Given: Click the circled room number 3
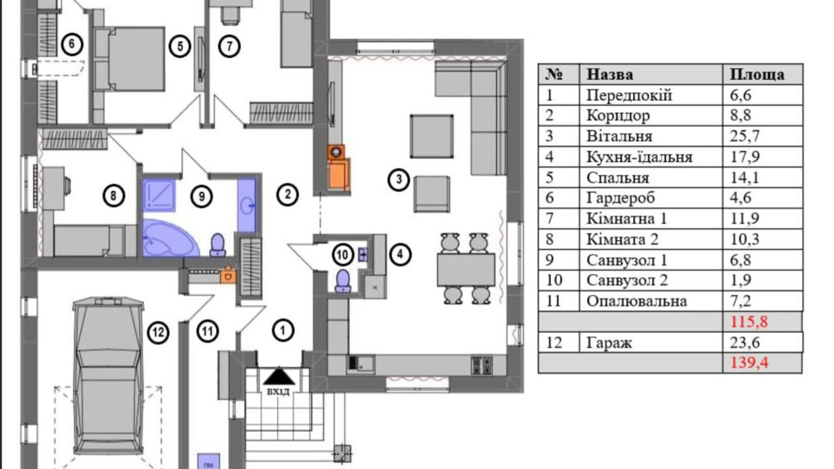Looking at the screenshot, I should pyautogui.click(x=399, y=179).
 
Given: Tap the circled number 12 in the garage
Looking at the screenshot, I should pyautogui.click(x=158, y=333).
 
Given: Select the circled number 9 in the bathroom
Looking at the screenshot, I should pyautogui.click(x=202, y=196).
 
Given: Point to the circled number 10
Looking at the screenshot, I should pyautogui.click(x=342, y=255).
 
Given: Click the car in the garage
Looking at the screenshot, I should pyautogui.click(x=108, y=377).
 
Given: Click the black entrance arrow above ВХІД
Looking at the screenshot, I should pyautogui.click(x=279, y=377).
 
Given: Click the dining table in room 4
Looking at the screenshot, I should pyautogui.click(x=466, y=270).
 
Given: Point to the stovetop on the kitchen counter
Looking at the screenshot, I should pyautogui.click(x=481, y=366).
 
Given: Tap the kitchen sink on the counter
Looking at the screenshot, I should pyautogui.click(x=361, y=363).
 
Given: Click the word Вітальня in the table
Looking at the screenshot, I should pyautogui.click(x=619, y=136).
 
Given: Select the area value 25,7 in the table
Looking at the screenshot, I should pyautogui.click(x=745, y=136).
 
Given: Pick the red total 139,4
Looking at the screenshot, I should pyautogui.click(x=749, y=363).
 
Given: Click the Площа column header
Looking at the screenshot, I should pyautogui.click(x=757, y=74).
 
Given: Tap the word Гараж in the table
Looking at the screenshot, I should pyautogui.click(x=609, y=343).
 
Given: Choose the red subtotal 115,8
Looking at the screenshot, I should pyautogui.click(x=749, y=322).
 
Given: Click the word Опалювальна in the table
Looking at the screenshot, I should pyautogui.click(x=636, y=301).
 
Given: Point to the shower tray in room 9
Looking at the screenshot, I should pyautogui.click(x=159, y=195).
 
